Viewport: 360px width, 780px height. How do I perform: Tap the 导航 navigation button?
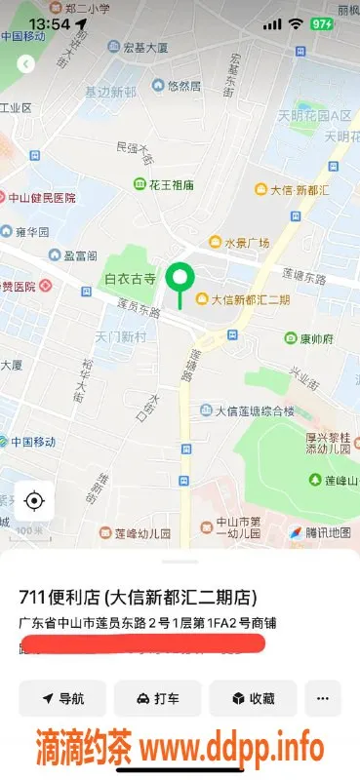coord(62,698)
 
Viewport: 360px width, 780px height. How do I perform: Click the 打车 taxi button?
coord(157,698)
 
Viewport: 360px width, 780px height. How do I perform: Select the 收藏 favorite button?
coord(253,698)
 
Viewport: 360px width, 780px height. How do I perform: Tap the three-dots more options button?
coord(323,698)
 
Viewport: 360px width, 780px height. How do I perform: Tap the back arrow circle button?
coord(26,64)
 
